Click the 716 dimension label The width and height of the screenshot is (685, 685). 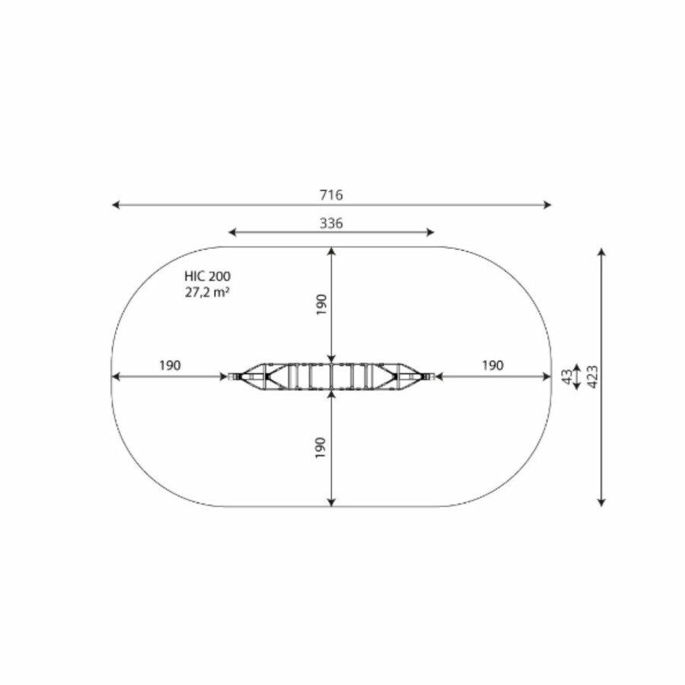tap(331, 195)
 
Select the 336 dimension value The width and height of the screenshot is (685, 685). tap(331, 223)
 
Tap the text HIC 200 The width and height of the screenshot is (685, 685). tap(208, 276)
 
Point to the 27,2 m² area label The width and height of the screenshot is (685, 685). tap(208, 292)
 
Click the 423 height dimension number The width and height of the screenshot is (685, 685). tap(592, 377)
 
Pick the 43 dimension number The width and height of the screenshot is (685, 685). tap(566, 377)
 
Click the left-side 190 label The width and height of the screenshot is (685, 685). tap(170, 365)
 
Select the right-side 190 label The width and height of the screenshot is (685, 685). tap(492, 365)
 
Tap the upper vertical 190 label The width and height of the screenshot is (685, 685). tap(321, 304)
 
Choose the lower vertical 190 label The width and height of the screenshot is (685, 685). tap(320, 448)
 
